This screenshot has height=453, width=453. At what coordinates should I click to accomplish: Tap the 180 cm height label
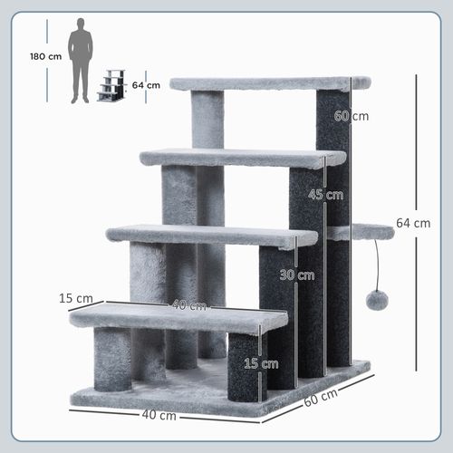point(44,56)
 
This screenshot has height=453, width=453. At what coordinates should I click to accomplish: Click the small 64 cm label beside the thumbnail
point(146,85)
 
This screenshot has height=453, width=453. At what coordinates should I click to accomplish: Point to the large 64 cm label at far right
point(413,224)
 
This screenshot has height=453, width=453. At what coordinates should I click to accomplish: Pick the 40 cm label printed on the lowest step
point(188,305)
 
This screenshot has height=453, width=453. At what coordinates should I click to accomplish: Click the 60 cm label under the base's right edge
point(322,400)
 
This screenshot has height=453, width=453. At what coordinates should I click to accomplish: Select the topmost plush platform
point(269,83)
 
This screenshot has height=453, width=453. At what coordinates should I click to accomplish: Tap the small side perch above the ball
point(367,233)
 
